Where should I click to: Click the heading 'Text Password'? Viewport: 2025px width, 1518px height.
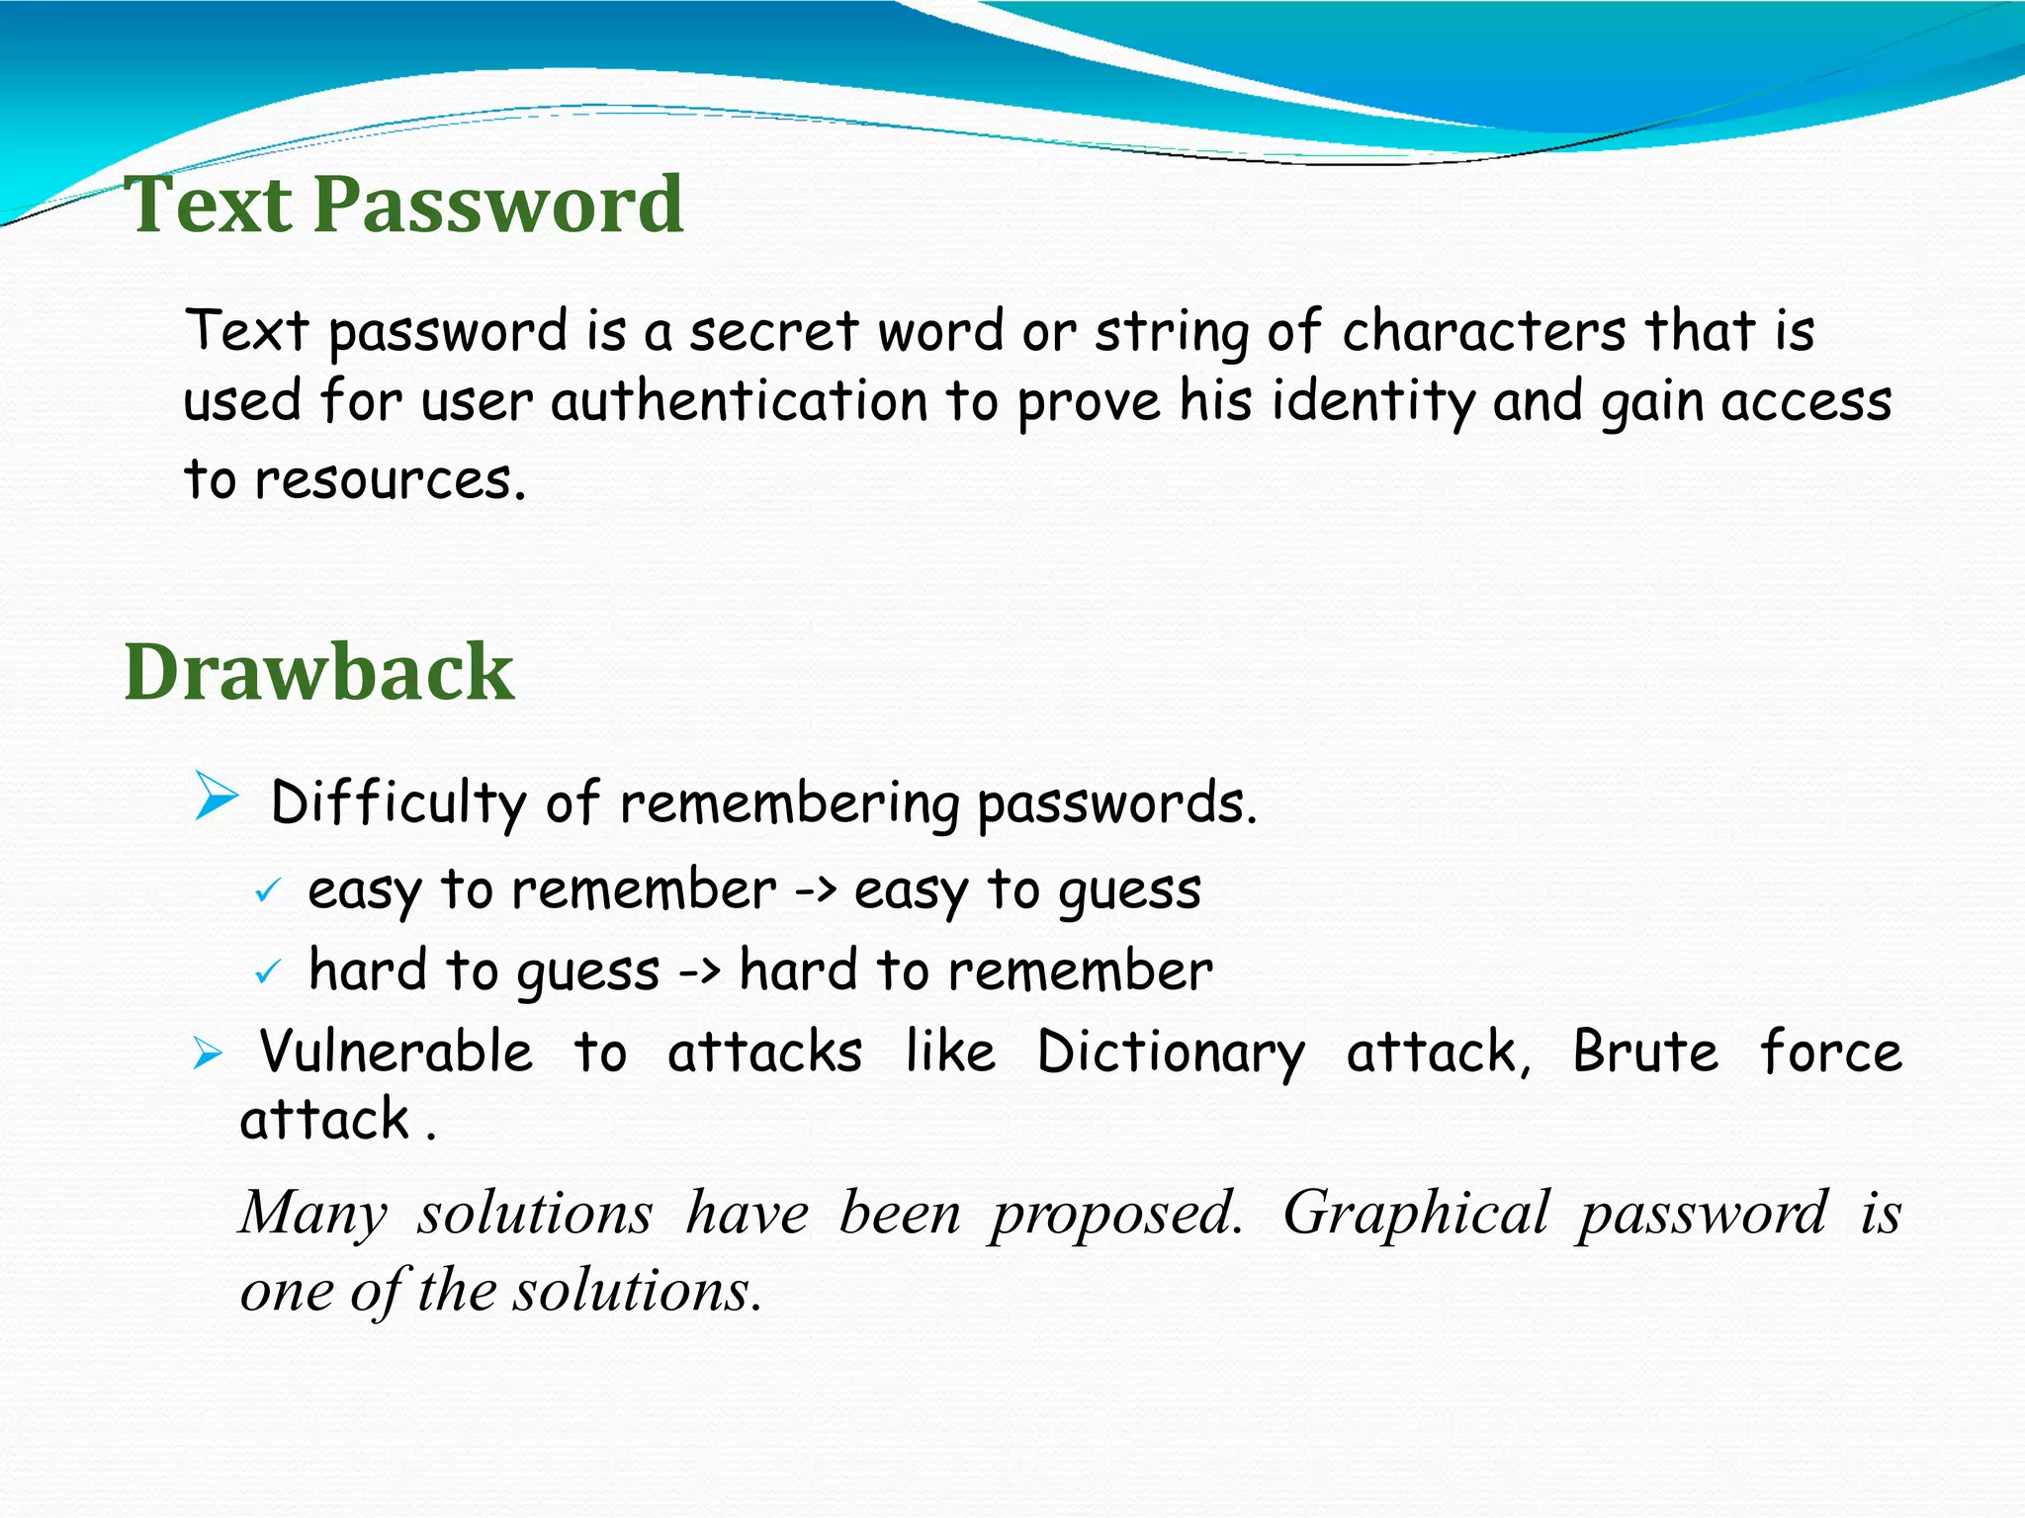403,205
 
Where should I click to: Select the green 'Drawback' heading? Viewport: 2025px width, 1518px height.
318,673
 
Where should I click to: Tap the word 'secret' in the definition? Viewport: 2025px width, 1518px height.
773,331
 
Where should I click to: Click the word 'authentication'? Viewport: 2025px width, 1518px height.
739,403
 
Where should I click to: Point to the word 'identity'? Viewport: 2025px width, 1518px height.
1372,403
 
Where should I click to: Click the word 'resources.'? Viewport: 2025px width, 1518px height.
391,480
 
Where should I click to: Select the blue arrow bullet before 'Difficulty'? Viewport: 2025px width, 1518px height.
217,797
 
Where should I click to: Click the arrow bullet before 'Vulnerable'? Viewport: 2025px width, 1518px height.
208,1054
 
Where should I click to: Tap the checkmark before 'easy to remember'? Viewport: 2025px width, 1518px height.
267,891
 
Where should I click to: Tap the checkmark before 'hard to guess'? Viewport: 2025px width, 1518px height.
267,973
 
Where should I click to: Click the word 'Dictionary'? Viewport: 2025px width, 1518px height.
1171,1052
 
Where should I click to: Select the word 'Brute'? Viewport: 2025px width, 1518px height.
1645,1052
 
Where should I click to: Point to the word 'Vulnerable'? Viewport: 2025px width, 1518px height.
396,1052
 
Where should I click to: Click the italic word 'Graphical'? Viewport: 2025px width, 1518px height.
1416,1214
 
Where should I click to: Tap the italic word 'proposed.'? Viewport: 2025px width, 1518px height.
1117,1214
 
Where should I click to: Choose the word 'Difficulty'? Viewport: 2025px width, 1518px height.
397,802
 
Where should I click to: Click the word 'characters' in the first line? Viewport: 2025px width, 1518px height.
1483,331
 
